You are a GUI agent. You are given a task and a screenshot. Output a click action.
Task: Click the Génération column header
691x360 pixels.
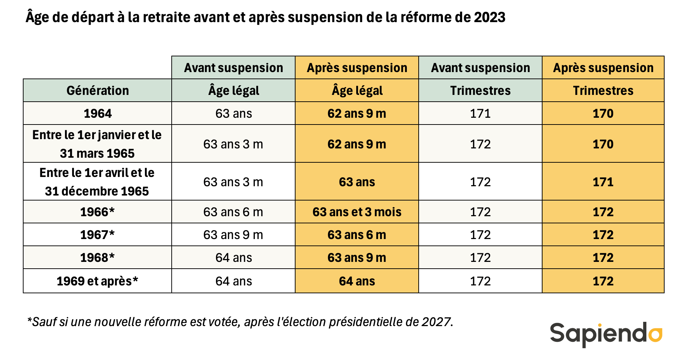tap(97, 91)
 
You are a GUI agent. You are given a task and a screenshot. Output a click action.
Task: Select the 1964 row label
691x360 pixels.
tap(97, 113)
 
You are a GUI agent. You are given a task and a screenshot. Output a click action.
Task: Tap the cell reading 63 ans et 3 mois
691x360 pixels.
tap(357, 212)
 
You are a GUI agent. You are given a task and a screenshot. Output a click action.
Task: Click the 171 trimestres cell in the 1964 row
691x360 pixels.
tap(480, 113)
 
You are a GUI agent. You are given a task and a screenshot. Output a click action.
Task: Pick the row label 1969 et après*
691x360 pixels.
tap(97, 281)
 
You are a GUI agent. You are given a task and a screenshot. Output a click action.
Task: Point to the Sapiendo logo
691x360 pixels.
tap(606, 334)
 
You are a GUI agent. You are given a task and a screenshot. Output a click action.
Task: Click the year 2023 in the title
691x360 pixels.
tap(489, 17)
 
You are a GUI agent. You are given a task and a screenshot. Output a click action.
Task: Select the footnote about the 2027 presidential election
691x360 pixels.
tap(240, 322)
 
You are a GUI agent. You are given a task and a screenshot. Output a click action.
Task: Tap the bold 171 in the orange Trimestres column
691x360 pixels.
tap(603, 182)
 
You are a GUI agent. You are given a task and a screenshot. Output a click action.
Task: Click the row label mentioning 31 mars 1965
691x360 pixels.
tap(97, 144)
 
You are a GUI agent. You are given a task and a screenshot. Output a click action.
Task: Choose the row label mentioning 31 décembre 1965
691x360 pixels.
tap(97, 182)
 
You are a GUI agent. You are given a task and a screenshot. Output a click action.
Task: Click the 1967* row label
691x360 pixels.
tap(97, 235)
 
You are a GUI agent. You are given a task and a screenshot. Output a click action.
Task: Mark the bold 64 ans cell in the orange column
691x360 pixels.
tap(357, 281)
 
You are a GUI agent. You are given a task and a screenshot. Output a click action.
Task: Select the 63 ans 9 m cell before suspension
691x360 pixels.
tap(233, 235)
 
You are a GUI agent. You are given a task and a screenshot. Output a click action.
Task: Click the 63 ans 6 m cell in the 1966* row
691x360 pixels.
tap(233, 212)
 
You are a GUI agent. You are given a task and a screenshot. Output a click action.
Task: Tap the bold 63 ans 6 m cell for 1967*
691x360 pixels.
tap(357, 235)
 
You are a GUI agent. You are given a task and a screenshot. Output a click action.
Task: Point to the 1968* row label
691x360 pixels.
tap(97, 258)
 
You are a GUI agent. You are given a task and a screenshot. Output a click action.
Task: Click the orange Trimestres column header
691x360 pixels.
tap(603, 91)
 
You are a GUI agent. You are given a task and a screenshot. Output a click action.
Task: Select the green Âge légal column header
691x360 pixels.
tap(233, 91)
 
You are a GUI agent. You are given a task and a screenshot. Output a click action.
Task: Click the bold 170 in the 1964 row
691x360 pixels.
tap(603, 113)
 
